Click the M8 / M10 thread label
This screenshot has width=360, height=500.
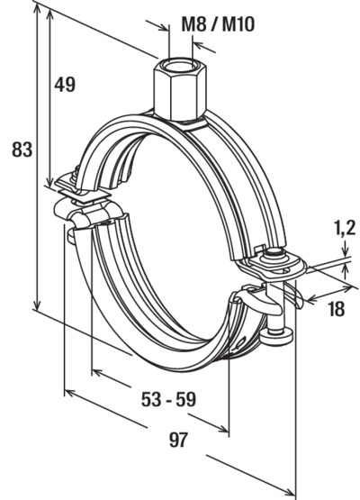pos(218,24)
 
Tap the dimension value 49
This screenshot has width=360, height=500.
pos(65,85)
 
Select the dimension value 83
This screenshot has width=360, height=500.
pos(22,150)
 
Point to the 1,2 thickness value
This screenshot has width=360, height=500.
pos(345,228)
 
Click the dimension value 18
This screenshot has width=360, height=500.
pos(336,309)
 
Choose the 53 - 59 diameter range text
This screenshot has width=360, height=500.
pos(168,399)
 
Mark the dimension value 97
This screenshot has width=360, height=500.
pos(178,440)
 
